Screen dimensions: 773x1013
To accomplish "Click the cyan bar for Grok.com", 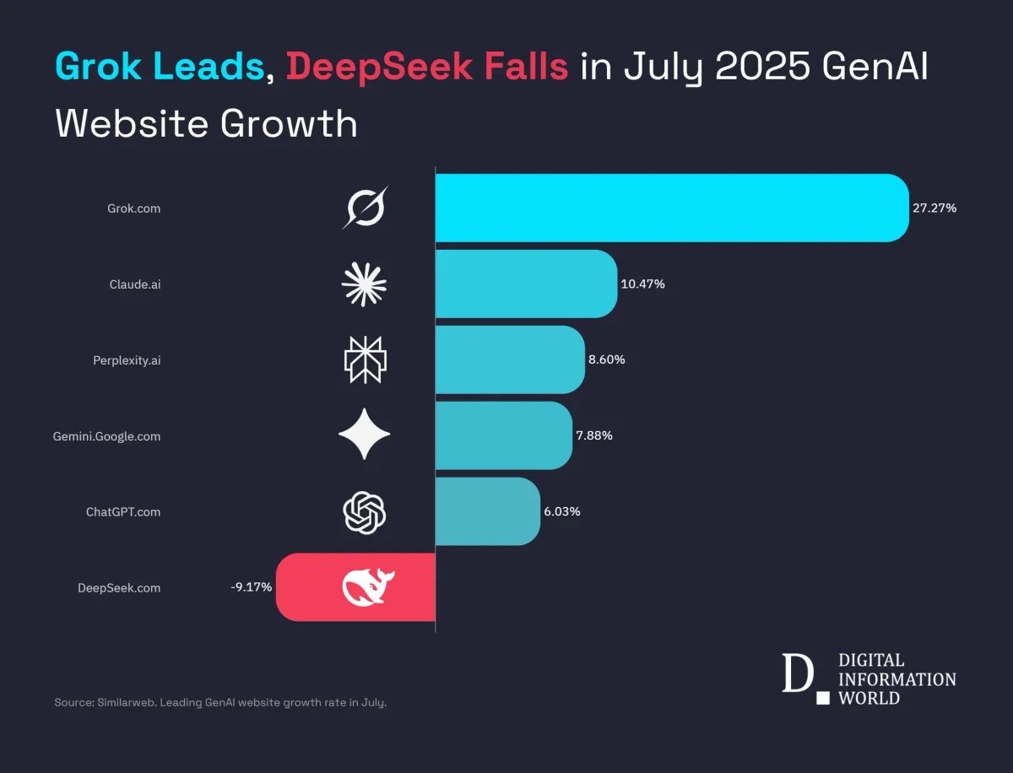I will tap(671, 208).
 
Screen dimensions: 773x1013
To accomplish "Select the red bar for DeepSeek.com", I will tap(321, 587).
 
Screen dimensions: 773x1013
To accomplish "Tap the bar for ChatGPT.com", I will tap(487, 511).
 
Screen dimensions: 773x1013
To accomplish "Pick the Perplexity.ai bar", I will tap(510, 359).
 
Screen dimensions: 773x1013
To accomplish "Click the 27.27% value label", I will tap(934, 208).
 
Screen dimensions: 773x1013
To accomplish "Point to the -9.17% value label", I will tap(251, 587).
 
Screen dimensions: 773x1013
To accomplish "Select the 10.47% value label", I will tap(643, 284).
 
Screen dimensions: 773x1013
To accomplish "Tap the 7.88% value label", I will tap(595, 435).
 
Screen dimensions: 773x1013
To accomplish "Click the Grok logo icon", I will tap(365, 208).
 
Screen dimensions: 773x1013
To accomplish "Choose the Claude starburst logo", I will tap(365, 284).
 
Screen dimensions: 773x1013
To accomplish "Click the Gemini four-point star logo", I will tap(365, 435).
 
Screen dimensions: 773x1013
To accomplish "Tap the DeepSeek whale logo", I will tap(368, 587).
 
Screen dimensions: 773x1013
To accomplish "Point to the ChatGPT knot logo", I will tap(365, 512).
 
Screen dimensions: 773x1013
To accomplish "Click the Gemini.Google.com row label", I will tap(106, 436).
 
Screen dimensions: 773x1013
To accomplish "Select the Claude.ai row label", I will tap(135, 284).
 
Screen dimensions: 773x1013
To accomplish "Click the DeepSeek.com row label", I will tap(119, 588).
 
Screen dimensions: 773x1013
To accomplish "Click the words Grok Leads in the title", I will tap(160, 67).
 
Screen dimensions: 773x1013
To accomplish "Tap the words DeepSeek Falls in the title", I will tap(427, 67).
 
